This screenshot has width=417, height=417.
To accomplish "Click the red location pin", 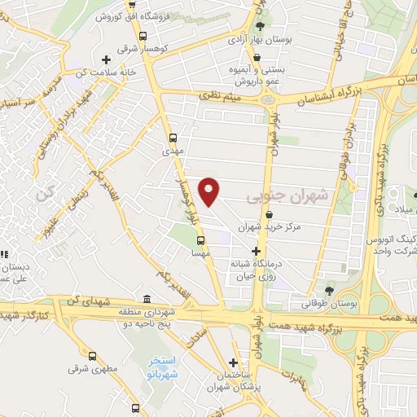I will (210, 191).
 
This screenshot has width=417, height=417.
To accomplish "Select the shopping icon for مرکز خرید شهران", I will (269, 214).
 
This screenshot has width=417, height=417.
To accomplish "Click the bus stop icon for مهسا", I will (200, 240).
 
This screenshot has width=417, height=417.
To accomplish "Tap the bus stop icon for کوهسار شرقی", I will (143, 37).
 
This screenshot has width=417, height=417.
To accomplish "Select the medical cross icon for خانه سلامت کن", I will (106, 59).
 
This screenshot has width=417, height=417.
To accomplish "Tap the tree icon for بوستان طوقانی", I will (329, 290).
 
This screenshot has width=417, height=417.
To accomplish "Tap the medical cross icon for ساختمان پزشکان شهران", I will (234, 362).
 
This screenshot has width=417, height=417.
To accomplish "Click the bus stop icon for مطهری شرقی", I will (93, 356).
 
